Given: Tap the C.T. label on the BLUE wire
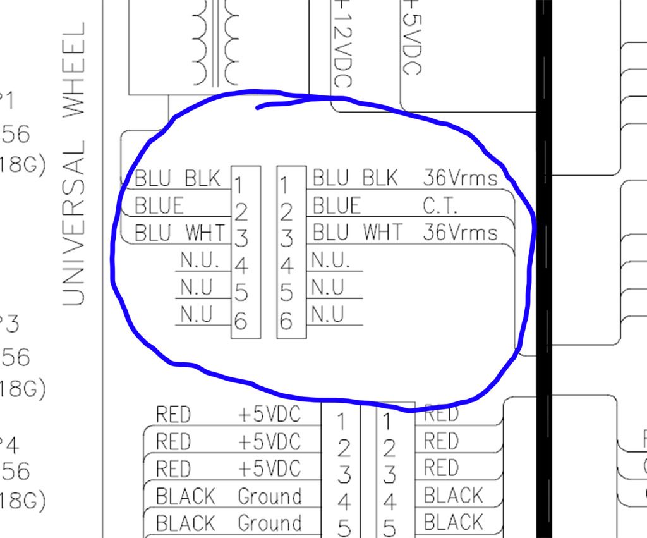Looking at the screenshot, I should [441, 205].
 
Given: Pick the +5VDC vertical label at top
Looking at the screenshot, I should [411, 38].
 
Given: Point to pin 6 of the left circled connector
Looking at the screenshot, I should [240, 321].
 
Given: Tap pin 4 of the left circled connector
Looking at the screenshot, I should [241, 266].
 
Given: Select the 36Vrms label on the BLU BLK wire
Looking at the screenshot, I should [460, 178].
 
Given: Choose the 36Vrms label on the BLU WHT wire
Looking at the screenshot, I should [460, 233].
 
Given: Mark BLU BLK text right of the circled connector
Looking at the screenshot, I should [355, 178].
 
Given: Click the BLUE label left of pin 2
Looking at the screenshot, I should [159, 206].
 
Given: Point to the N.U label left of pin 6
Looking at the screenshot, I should [196, 314].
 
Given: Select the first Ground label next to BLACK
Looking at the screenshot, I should [270, 496].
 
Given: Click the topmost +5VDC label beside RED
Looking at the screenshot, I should [270, 414].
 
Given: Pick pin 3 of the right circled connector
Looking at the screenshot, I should [286, 239].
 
